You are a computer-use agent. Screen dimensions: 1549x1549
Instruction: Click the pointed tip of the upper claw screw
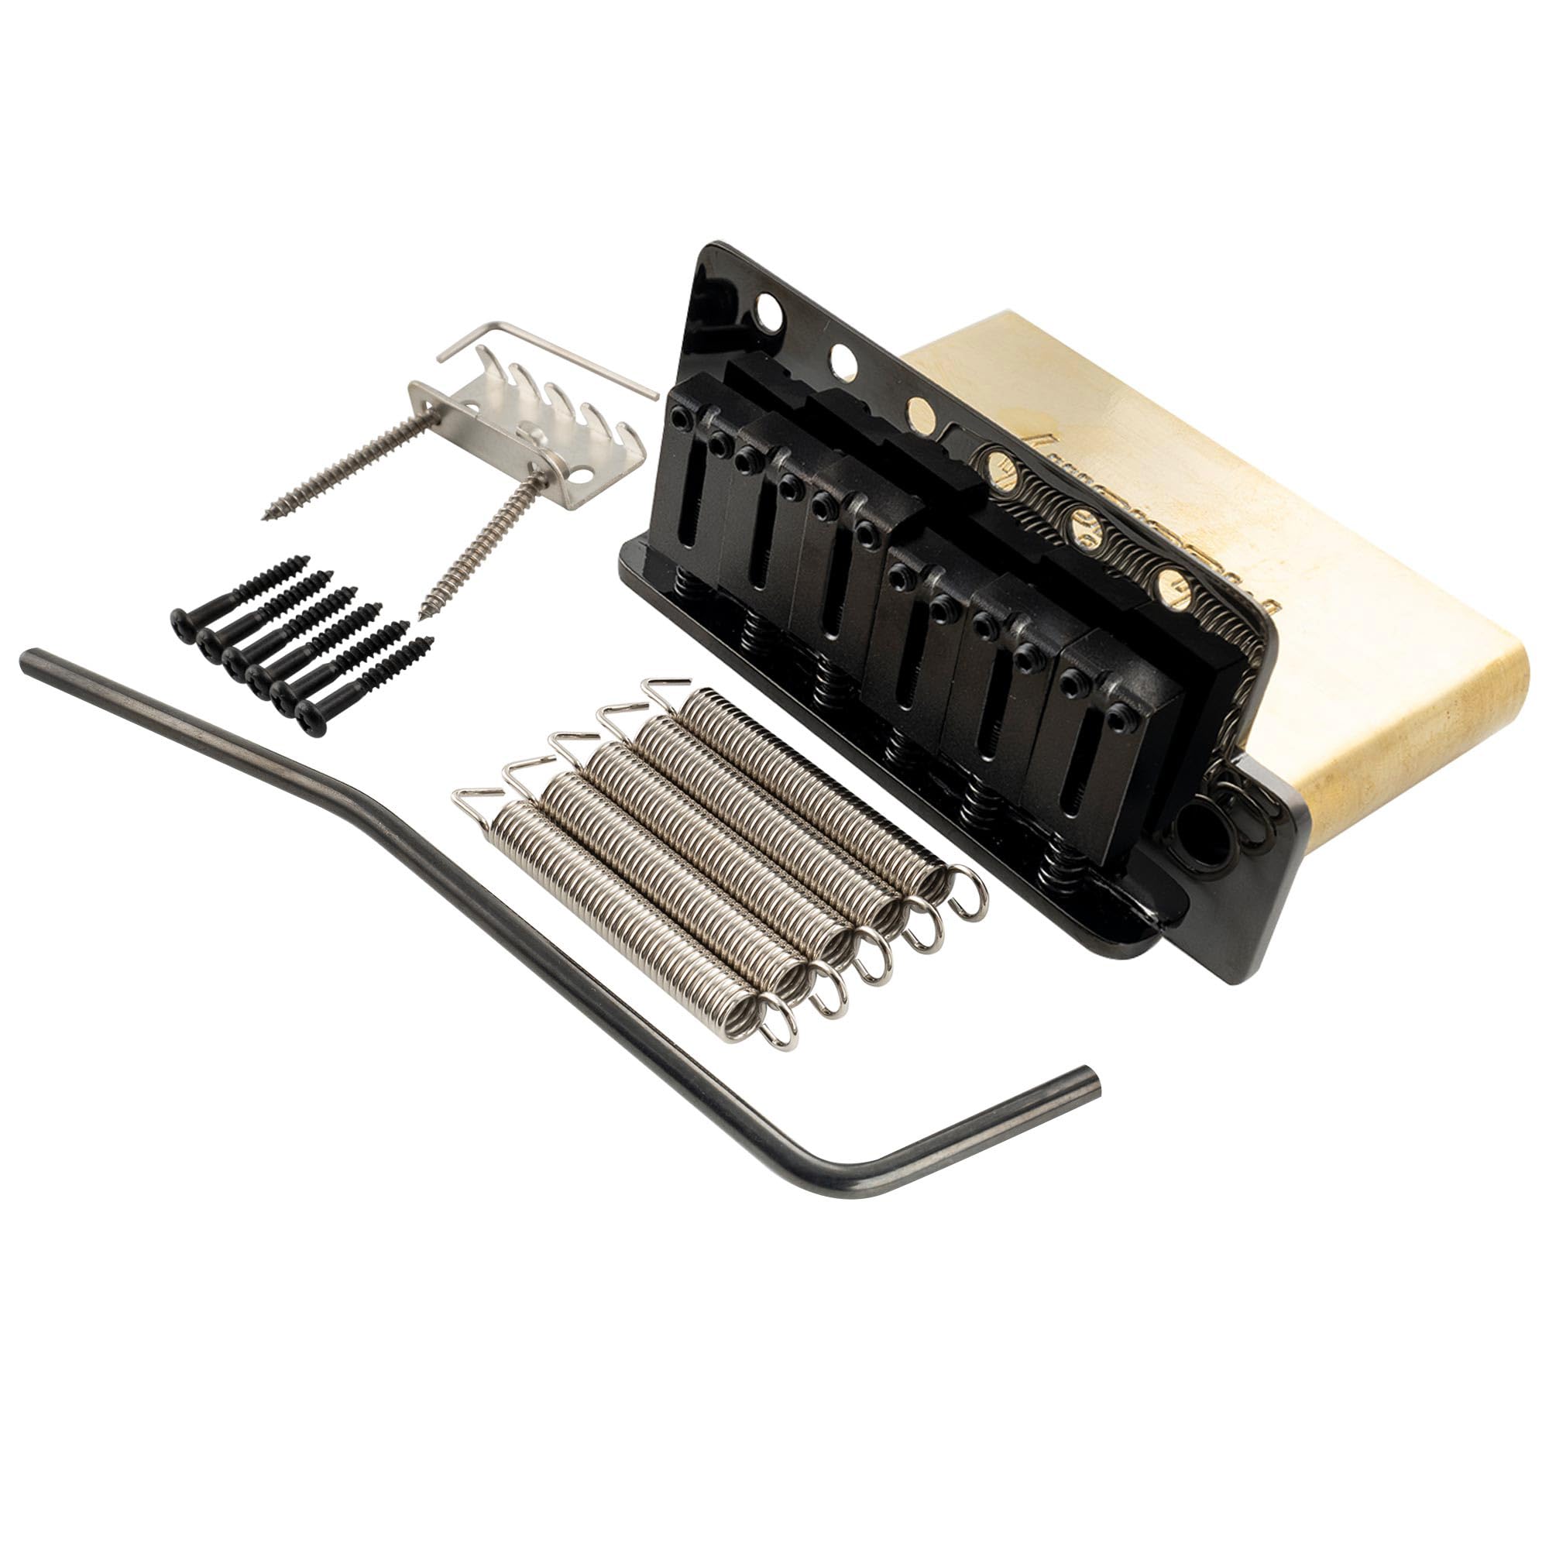click(x=268, y=517)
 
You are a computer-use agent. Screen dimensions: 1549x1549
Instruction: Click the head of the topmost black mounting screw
click(x=183, y=620)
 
